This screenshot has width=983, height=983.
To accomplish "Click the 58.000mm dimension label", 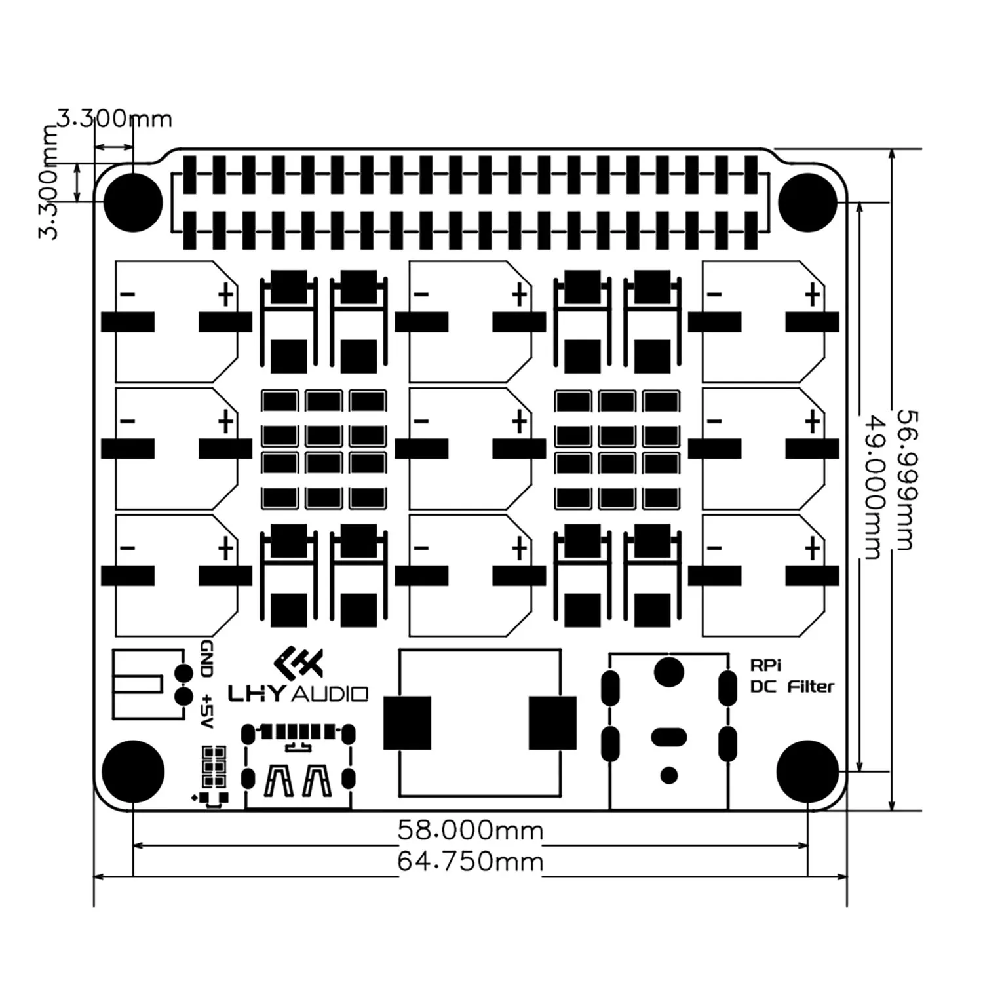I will [471, 831].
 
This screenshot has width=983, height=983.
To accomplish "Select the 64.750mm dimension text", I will [471, 861].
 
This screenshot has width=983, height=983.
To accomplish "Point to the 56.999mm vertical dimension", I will [905, 480].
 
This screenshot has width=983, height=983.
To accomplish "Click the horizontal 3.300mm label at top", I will [114, 119].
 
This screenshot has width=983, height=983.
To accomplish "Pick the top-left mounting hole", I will [133, 202].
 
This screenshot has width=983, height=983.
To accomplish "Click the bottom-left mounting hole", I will [133, 771].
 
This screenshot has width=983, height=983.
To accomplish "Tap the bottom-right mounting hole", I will [808, 771].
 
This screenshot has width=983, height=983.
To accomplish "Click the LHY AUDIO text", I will [298, 693].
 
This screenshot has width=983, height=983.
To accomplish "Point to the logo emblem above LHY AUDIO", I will [299, 663].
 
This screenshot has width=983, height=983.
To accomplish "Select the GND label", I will [206, 659].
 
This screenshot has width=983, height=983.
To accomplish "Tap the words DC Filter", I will [792, 687].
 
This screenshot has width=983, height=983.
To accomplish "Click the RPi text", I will [765, 665].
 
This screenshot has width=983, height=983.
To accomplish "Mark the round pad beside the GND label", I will [184, 672].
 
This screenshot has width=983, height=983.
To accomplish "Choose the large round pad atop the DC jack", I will [668, 672].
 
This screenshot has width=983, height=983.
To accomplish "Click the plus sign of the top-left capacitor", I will [225, 295].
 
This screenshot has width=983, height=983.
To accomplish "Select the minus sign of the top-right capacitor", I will [714, 295].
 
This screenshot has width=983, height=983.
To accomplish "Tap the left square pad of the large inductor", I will [407, 723].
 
